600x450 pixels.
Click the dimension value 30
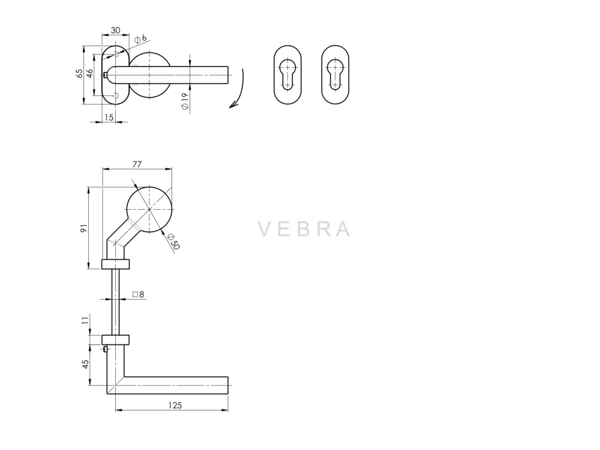tap(116, 30)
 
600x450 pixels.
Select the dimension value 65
tap(79, 73)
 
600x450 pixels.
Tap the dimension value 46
tap(89, 73)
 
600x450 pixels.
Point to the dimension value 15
tap(109, 117)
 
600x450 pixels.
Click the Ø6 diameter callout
tap(140, 38)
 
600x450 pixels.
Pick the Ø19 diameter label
tap(185, 101)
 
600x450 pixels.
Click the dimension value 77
tap(137, 164)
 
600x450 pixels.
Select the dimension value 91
tap(84, 228)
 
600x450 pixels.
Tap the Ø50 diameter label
tap(173, 241)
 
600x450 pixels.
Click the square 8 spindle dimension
tap(138, 295)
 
